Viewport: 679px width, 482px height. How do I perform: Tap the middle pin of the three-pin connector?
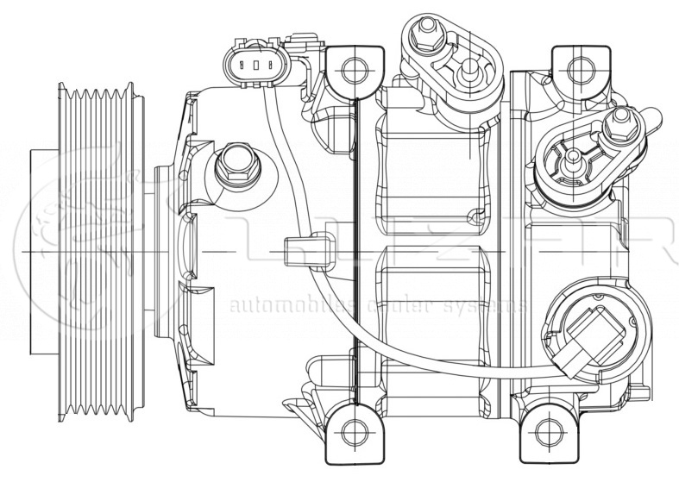(254, 62)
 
